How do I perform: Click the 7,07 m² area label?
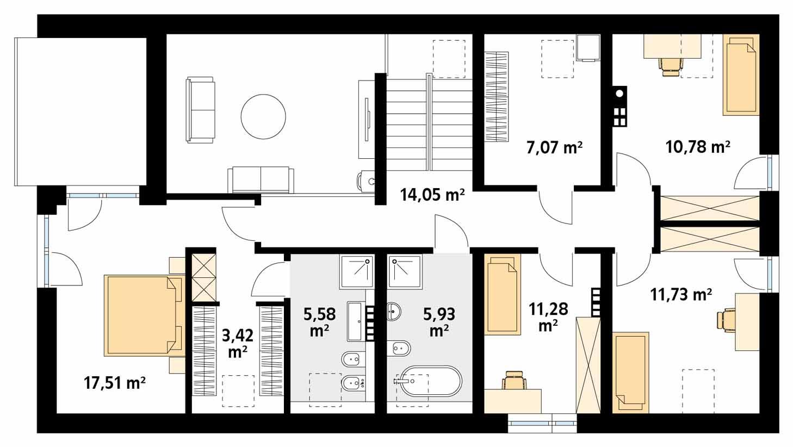554,147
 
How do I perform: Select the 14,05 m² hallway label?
432,195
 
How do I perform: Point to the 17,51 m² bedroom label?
114,383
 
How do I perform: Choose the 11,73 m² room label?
681,295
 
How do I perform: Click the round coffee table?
263,116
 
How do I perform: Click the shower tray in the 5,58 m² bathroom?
357,271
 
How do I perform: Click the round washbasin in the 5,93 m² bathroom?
394,312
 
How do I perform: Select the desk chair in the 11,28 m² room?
513,381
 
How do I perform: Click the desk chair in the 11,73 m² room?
726,320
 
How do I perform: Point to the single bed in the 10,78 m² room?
740,74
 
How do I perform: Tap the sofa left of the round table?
200,110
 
